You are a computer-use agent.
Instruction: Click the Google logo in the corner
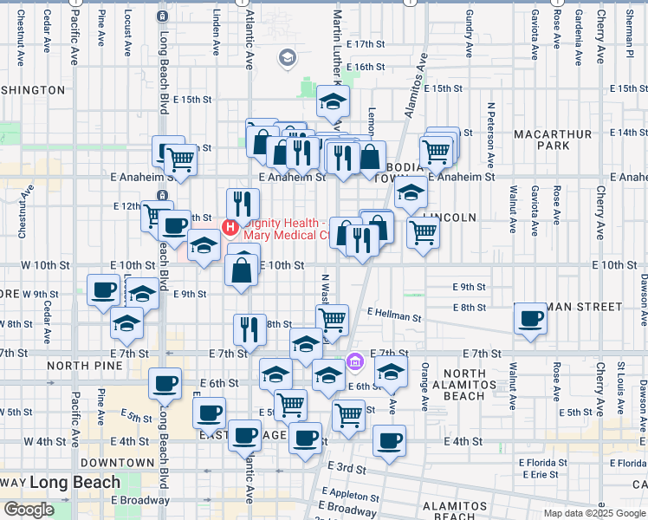pyautogui.click(x=29, y=510)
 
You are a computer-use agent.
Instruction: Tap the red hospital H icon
pyautogui.click(x=230, y=228)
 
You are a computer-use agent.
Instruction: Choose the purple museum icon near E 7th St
pyautogui.click(x=353, y=361)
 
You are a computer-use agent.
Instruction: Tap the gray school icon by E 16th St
pyautogui.click(x=287, y=58)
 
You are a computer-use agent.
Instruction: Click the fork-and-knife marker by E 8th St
pyautogui.click(x=249, y=328)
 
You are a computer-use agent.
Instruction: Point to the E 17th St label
pyautogui.click(x=364, y=43)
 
